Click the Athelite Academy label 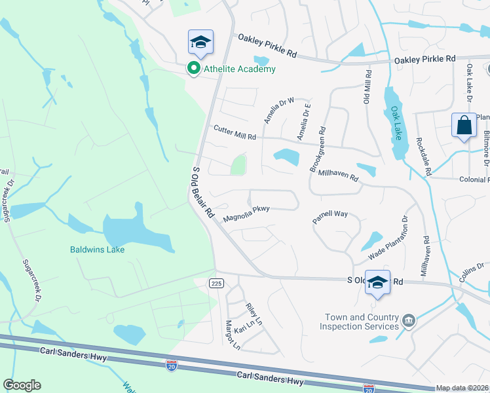(239, 69)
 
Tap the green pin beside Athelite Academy (194, 68)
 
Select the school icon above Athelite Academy (201, 43)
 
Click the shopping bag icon (464, 124)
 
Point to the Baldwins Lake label (98, 250)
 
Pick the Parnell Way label (330, 217)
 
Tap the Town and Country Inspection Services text (361, 322)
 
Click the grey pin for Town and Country (409, 320)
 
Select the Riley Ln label (254, 314)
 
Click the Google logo (22, 385)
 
